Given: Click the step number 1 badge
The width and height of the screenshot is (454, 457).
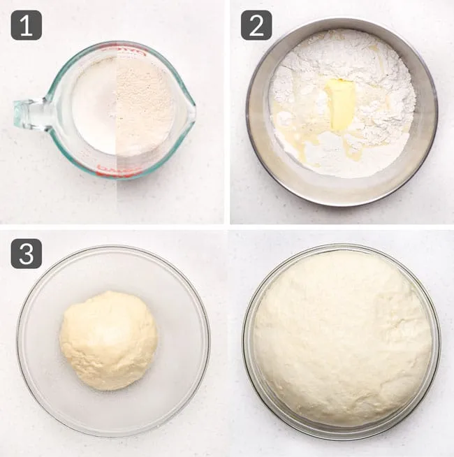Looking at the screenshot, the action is pos(27,25).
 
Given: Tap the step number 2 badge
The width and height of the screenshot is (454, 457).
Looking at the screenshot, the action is pos(256,25).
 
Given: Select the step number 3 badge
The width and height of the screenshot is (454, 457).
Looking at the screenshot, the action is pos(27,254).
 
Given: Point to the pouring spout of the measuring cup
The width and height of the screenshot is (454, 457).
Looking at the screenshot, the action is pos(189,110).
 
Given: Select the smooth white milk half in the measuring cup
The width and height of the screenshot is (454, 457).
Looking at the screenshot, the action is pos(94,106).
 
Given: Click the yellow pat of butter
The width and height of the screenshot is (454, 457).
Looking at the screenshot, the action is pos(340,104).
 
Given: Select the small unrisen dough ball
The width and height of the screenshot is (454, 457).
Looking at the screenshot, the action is pos(108,341).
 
